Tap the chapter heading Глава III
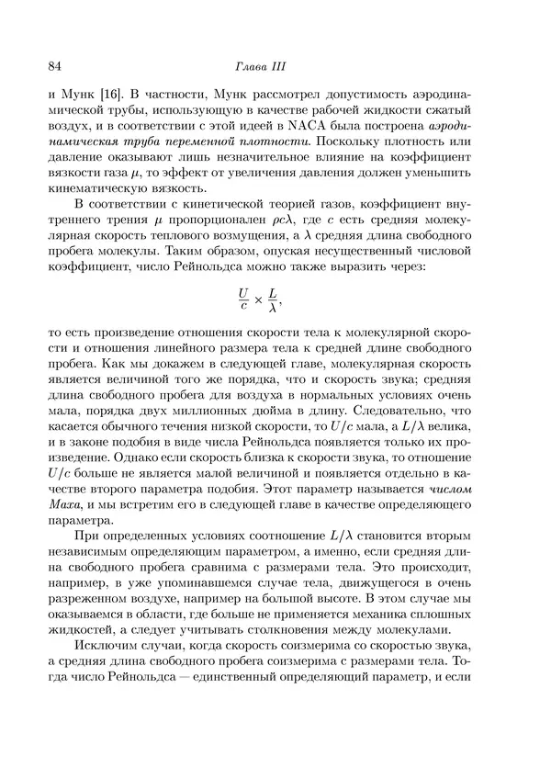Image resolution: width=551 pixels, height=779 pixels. click(275, 64)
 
